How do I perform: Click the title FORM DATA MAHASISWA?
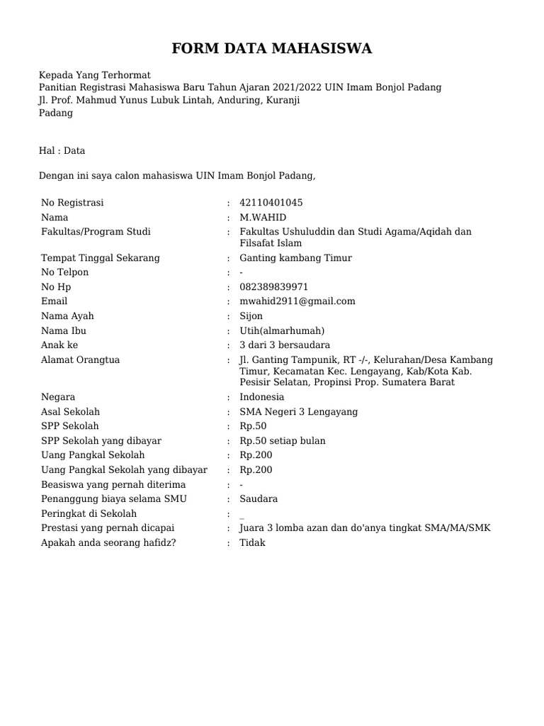(x=272, y=49)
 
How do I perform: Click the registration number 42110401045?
(x=271, y=203)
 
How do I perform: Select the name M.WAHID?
(x=263, y=218)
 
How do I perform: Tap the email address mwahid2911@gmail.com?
(x=297, y=301)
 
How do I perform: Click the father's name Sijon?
(x=251, y=316)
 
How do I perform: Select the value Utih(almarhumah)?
(x=281, y=331)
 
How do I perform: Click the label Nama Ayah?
(x=67, y=316)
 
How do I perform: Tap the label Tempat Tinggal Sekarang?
(x=101, y=258)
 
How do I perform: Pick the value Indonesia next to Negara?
(x=261, y=397)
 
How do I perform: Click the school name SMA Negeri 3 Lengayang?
(x=298, y=412)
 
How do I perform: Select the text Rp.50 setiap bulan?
(x=282, y=441)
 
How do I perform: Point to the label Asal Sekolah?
(x=70, y=412)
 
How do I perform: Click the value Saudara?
(x=259, y=499)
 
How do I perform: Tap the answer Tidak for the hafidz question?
(x=252, y=542)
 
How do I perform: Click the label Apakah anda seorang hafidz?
(x=103, y=542)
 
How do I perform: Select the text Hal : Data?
(x=62, y=150)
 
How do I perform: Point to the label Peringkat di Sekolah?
(x=89, y=513)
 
